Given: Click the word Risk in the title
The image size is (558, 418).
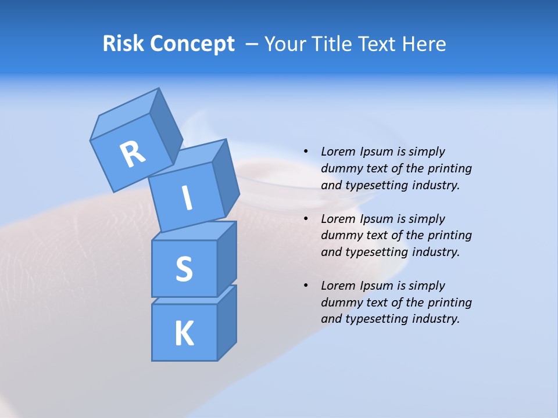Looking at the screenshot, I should pos(124,44).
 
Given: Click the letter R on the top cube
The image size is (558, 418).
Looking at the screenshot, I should pos(133,154).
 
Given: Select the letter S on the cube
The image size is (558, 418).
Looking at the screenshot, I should pos(184,269).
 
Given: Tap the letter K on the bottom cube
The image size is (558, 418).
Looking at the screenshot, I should pos(184,334).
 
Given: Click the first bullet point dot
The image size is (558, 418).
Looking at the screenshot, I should pos(306,152).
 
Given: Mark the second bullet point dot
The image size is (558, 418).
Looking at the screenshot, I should pos(306,219).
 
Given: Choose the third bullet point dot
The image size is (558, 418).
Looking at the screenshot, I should pos(306,286).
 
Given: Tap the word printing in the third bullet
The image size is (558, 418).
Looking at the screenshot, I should pos(449,302).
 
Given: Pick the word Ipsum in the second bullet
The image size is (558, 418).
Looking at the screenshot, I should pos(377,219).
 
